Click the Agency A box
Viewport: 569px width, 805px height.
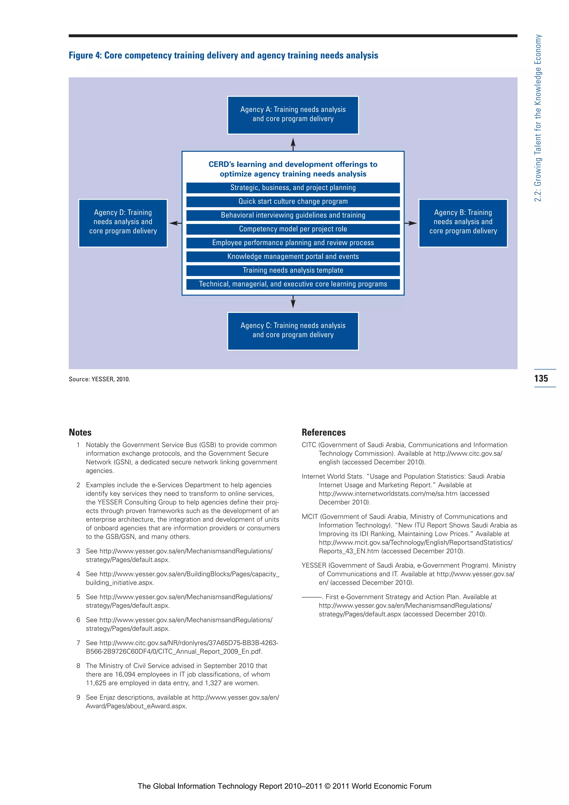pos(293,115)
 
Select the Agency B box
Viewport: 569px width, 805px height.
pos(463,223)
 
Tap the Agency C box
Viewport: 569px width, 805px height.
pos(293,331)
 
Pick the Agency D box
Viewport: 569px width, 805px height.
pos(123,223)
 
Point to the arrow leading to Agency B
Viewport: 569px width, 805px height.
pos(411,223)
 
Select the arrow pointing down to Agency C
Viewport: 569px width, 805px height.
pos(293,302)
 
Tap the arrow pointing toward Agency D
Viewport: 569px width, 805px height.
pos(175,223)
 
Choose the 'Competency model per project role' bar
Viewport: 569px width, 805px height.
pos(293,229)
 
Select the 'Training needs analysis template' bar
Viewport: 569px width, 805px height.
pos(293,270)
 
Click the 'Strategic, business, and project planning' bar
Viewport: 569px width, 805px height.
pos(293,188)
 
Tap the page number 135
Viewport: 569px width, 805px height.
pos(541,378)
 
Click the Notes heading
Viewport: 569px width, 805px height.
pos(80,432)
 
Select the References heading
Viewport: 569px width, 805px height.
pos(324,432)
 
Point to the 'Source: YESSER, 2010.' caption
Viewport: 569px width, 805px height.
pos(99,379)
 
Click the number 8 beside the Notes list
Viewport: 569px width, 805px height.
pos(78,666)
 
